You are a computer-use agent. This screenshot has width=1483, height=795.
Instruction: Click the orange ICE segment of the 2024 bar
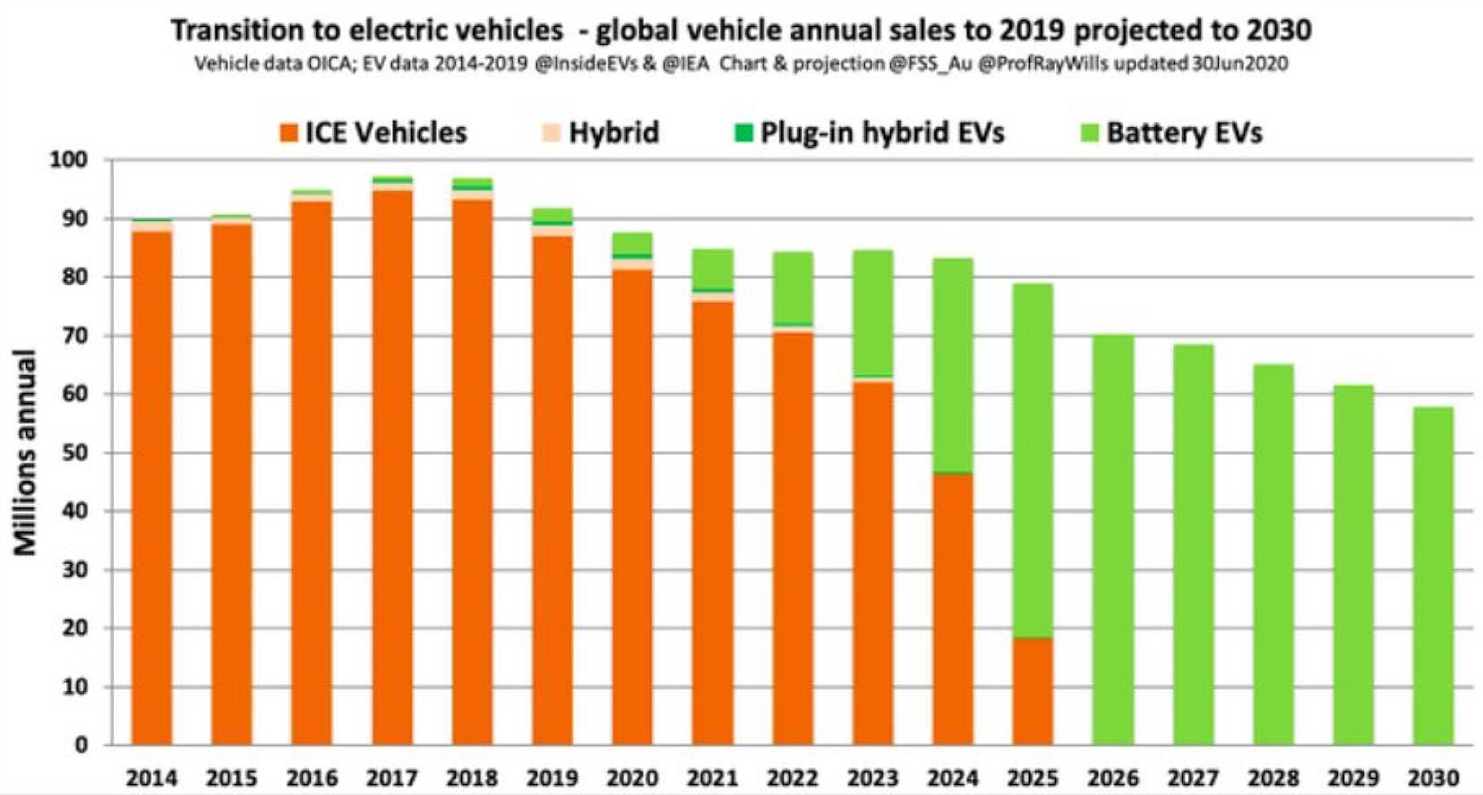pyautogui.click(x=953, y=609)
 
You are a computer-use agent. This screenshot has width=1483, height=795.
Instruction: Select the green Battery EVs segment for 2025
pyautogui.click(x=1033, y=461)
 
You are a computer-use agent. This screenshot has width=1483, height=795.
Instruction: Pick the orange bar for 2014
pyautogui.click(x=152, y=488)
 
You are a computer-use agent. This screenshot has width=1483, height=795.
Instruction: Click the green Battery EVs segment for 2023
pyautogui.click(x=873, y=313)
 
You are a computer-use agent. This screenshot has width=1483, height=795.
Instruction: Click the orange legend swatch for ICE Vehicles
pyautogui.click(x=288, y=133)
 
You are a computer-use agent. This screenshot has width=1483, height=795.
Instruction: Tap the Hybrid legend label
pyautogui.click(x=614, y=133)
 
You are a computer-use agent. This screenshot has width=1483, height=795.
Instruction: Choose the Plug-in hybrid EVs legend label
pyautogui.click(x=882, y=133)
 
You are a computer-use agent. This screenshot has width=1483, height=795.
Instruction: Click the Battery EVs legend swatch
pyautogui.click(x=1090, y=133)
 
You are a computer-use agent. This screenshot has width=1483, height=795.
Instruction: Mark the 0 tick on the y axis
pyautogui.click(x=81, y=745)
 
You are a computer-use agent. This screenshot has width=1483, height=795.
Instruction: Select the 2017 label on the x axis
pyautogui.click(x=392, y=778)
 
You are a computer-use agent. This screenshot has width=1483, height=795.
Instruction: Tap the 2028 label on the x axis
pyautogui.click(x=1273, y=778)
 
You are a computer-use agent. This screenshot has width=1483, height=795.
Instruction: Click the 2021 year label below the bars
pyautogui.click(x=713, y=778)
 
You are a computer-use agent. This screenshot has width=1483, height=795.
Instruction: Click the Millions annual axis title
pyautogui.click(x=25, y=452)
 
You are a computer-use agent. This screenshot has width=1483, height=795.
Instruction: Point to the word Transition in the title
pyautogui.click(x=236, y=30)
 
